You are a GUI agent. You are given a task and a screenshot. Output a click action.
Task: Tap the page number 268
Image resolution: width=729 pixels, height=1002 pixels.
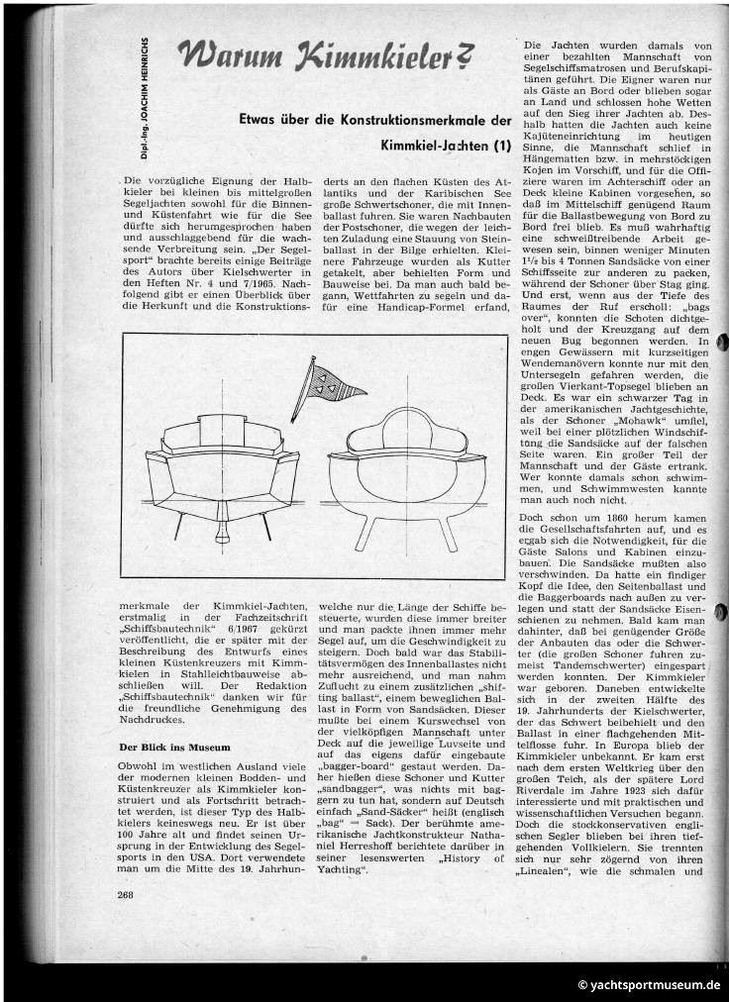coord(126,894)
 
